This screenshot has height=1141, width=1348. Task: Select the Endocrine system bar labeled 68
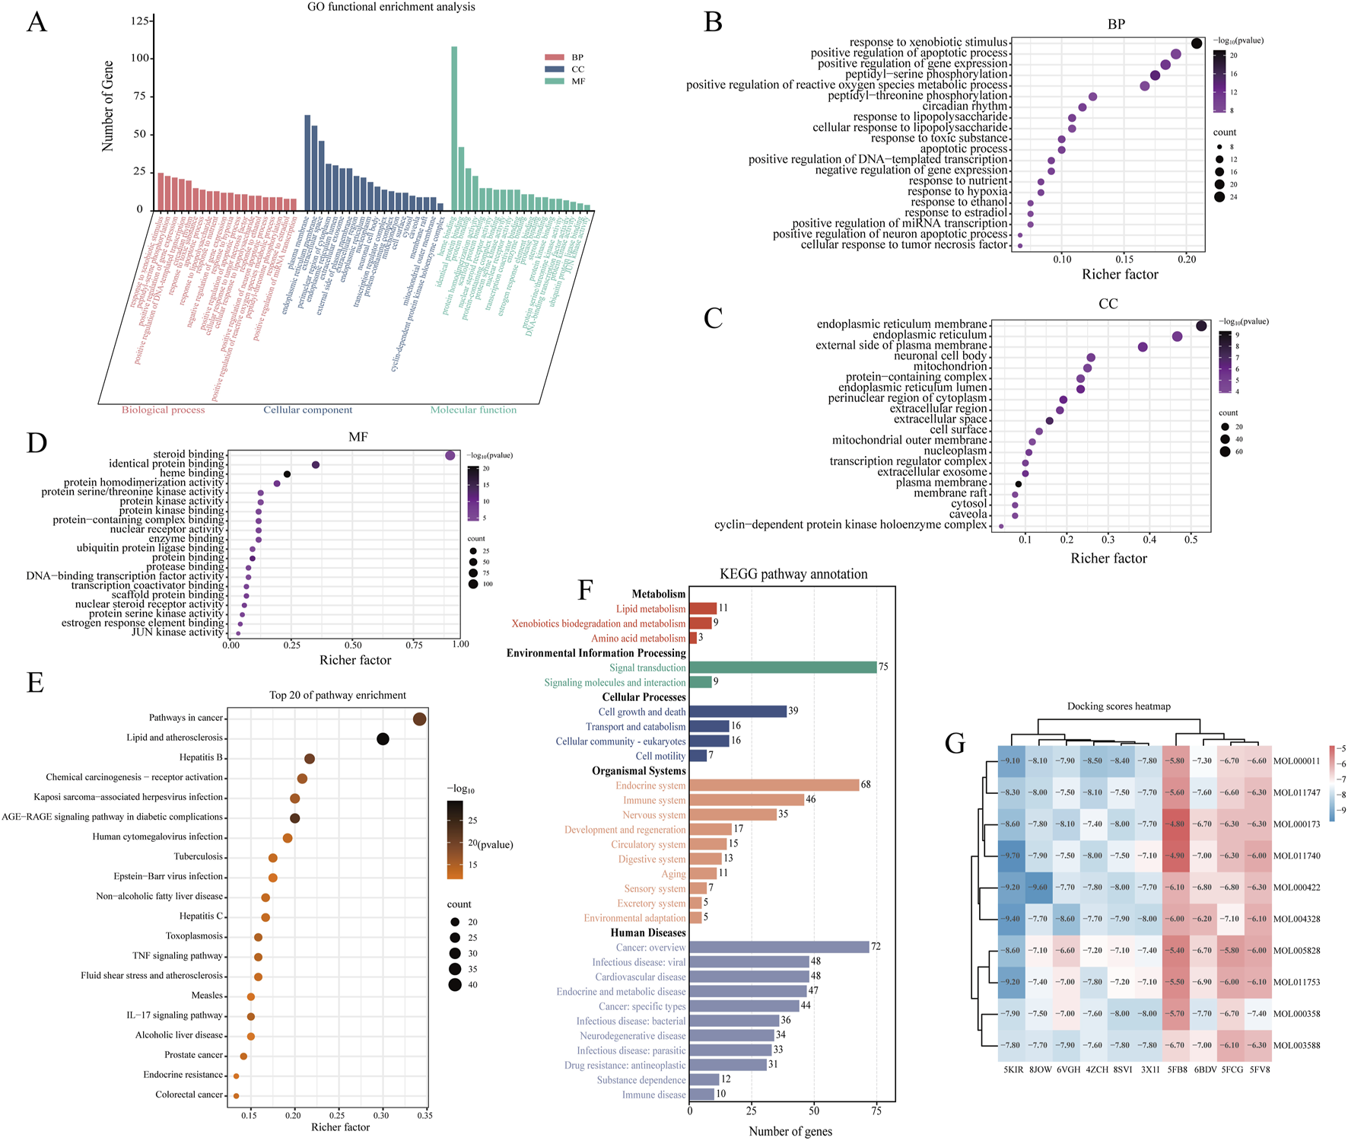[774, 786]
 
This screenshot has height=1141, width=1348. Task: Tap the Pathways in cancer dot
[419, 719]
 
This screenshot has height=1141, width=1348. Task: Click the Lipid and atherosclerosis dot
[383, 739]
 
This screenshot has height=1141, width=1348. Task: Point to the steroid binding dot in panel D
[450, 455]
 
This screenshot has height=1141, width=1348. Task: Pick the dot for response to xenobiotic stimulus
[1197, 43]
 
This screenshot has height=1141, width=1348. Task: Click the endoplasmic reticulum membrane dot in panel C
[1201, 326]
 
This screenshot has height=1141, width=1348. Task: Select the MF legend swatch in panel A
[554, 81]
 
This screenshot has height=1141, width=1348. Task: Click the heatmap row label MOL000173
[1297, 824]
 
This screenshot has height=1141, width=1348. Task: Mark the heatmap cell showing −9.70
[1012, 856]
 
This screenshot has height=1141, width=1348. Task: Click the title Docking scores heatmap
[1118, 706]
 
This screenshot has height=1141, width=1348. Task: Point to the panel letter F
[585, 591]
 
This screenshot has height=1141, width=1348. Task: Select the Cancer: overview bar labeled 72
[779, 948]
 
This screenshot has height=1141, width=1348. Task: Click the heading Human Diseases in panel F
[648, 933]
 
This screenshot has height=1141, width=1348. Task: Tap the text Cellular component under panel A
[308, 410]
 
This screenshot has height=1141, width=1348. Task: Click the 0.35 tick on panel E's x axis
[424, 1115]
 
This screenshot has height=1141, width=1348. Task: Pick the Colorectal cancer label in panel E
[189, 1095]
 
